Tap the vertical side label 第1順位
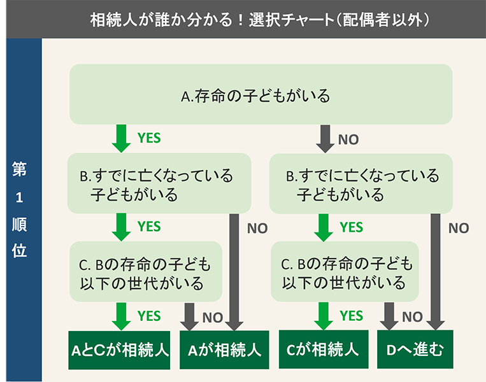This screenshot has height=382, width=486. point(19,210)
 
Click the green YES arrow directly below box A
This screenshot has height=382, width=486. point(120,138)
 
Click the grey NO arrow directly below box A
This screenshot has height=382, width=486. point(325,138)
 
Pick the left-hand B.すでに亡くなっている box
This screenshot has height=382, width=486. point(160,183)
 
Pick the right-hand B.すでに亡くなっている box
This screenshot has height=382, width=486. point(362,183)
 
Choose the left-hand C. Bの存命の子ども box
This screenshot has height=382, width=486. point(146,271)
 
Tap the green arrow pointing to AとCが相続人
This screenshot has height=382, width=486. point(120,316)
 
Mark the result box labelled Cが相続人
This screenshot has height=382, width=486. point(323,350)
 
